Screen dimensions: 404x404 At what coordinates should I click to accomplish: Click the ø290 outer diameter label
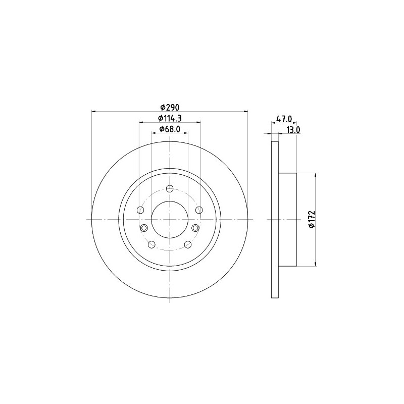(x=170, y=107)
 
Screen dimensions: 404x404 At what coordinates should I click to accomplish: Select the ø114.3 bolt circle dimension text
(x=170, y=118)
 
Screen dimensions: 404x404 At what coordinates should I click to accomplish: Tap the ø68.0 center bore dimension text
(x=170, y=129)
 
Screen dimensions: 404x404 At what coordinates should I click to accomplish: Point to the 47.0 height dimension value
(x=284, y=119)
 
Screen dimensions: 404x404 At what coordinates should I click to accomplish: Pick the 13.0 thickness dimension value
(x=293, y=130)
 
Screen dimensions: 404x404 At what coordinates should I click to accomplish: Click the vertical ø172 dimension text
(x=312, y=219)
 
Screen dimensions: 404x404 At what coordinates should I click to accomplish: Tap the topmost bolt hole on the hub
(x=170, y=188)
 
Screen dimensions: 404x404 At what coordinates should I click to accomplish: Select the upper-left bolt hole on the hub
(x=140, y=210)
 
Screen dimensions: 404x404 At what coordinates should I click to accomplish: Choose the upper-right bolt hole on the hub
(x=199, y=210)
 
